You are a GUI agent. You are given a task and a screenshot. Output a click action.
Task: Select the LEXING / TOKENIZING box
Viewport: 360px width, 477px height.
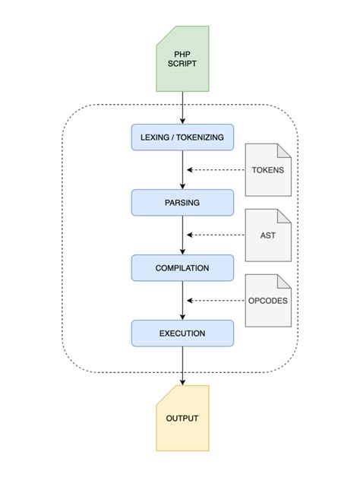(182, 137)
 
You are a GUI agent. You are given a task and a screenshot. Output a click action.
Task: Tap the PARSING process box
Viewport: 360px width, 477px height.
(182, 202)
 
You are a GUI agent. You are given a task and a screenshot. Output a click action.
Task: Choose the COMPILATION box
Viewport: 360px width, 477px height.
(182, 267)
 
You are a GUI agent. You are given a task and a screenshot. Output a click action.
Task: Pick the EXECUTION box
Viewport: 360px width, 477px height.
(182, 333)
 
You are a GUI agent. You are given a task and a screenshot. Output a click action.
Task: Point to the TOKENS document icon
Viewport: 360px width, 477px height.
(268, 169)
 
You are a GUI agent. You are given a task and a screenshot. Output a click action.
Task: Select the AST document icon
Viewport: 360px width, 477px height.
(268, 235)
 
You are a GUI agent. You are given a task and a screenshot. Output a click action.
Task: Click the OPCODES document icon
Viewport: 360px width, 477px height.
(268, 300)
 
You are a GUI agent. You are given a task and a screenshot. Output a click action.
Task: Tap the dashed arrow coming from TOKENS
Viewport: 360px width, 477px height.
(216, 169)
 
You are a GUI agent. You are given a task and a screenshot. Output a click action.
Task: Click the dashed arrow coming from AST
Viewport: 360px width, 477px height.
(216, 235)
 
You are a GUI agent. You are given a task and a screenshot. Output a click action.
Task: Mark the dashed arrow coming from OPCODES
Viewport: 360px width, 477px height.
(216, 301)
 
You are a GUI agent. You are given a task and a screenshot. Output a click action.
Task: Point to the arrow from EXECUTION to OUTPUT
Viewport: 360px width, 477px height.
(182, 366)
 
